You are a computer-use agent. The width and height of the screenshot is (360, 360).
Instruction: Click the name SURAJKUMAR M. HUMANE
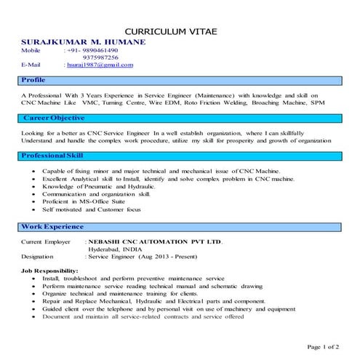click(x=84, y=43)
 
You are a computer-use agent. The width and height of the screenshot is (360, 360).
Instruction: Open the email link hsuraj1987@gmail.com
click(x=100, y=65)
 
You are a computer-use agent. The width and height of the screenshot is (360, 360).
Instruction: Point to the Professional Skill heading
click(x=52, y=156)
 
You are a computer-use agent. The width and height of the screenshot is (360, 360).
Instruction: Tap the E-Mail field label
click(x=32, y=65)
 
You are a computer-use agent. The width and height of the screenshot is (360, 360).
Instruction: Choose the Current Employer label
click(x=46, y=241)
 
